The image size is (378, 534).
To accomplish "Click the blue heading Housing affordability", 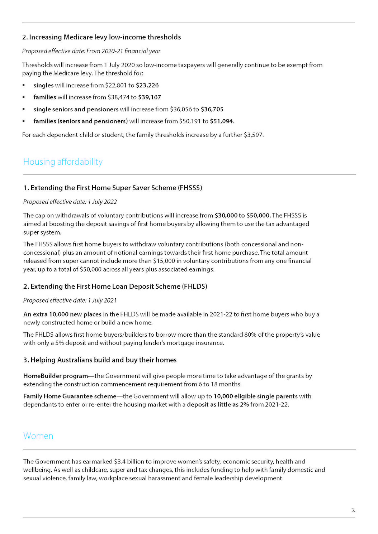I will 63,162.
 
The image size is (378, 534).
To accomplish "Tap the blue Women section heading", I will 38,436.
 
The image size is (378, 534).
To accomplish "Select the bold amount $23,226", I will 147,85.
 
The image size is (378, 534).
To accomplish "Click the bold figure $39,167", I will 150,97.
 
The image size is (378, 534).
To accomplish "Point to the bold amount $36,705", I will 212,109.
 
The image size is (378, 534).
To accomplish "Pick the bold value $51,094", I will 222,121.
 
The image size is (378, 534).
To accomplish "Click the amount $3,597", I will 253,135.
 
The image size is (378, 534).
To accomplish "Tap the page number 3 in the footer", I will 353,510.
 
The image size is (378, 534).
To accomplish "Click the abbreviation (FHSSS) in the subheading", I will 190,188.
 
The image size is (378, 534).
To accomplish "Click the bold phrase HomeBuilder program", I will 56,376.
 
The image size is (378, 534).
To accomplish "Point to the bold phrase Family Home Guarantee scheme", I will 70,396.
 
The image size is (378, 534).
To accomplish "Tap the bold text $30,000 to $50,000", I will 242,215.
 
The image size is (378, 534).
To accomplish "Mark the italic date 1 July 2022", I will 102,202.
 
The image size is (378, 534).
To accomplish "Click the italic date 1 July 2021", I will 102,300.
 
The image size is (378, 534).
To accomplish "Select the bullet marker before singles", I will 24,85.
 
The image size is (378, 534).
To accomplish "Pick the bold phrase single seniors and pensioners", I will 76,109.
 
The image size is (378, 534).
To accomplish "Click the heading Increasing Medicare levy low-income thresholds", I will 105,37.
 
